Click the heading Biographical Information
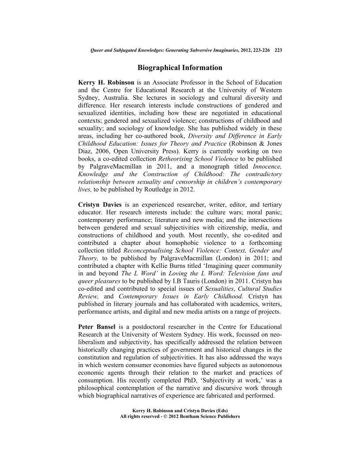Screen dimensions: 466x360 180,68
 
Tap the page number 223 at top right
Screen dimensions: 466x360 278,51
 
